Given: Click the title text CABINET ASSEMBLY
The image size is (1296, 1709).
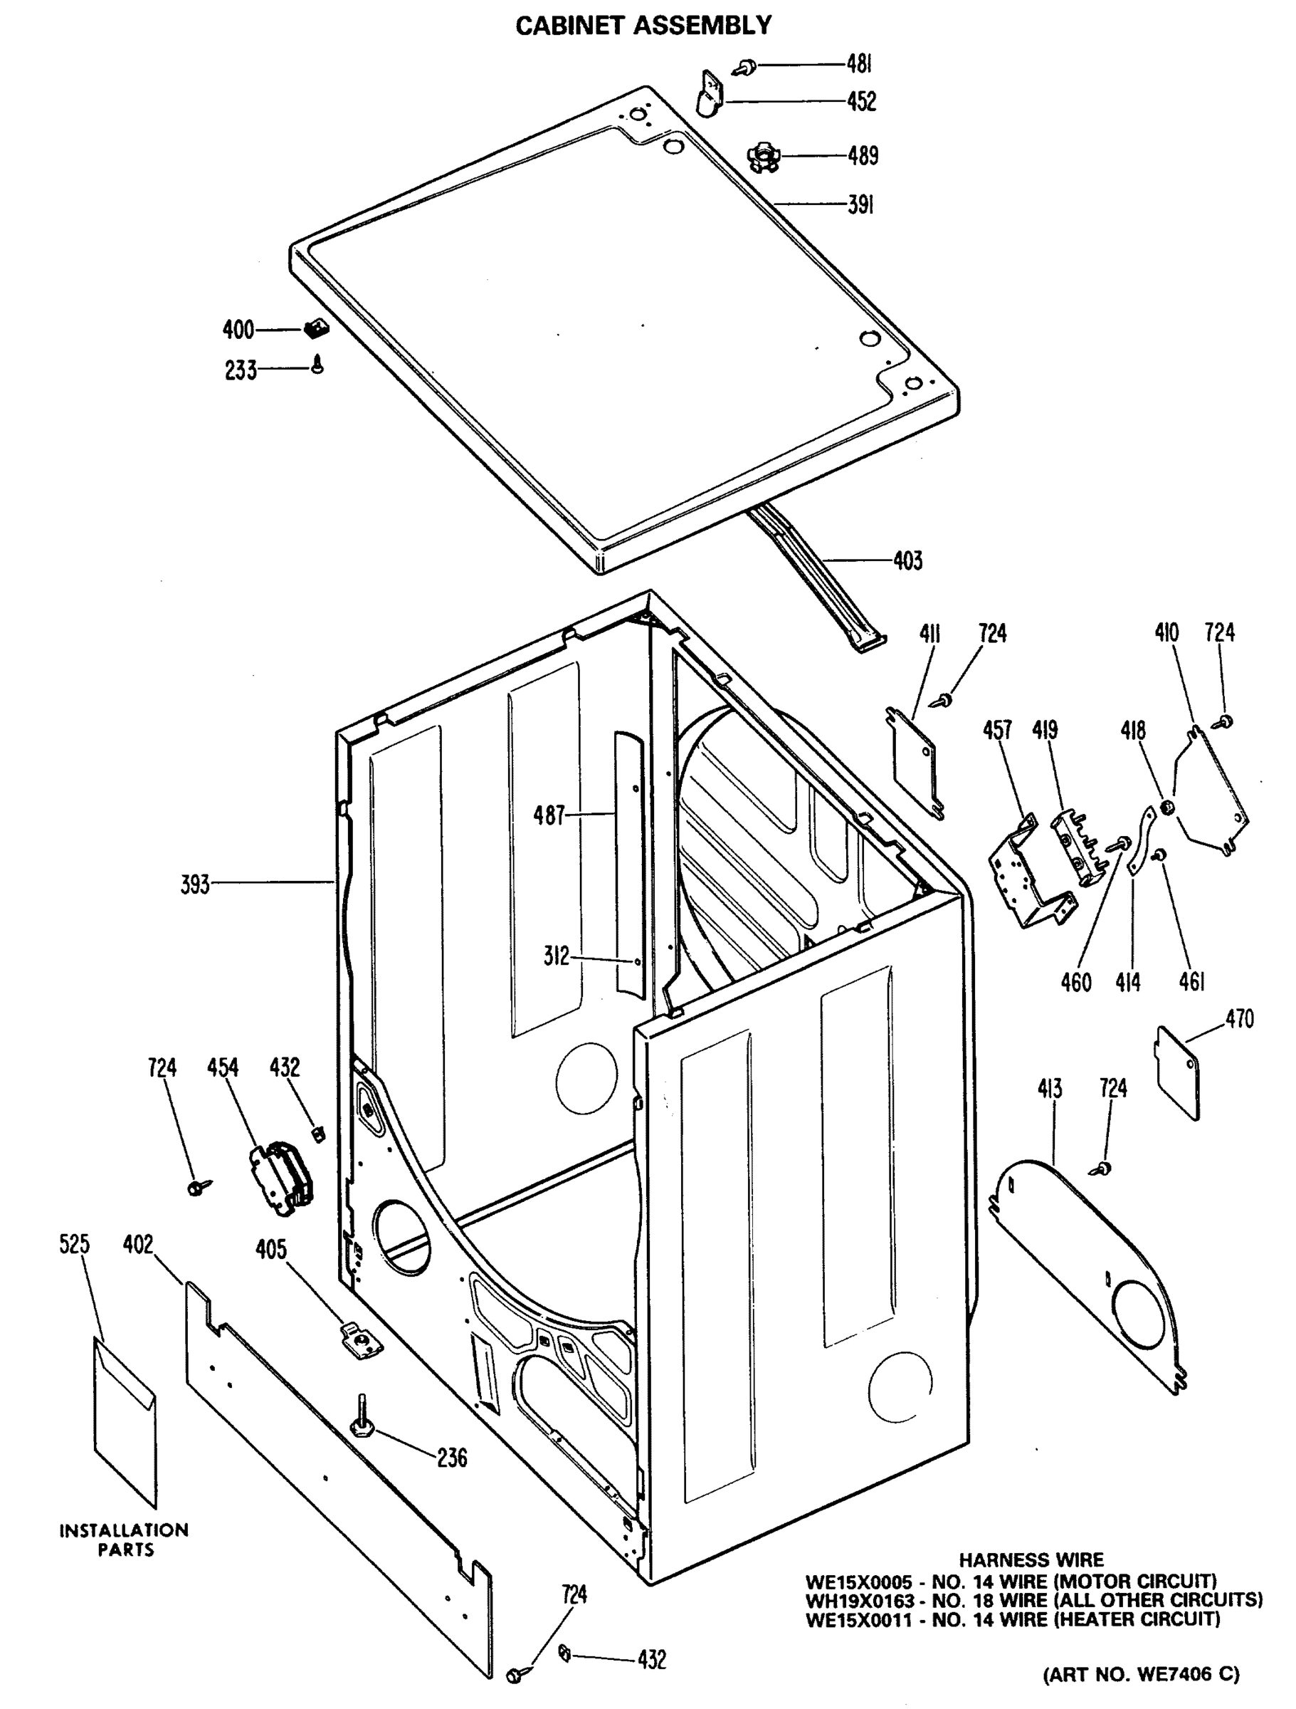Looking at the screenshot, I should point(643,26).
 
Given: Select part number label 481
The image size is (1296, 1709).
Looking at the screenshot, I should point(859,65).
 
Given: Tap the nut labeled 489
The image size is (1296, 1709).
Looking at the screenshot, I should point(763,157).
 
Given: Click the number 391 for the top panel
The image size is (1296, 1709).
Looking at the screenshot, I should point(860,206).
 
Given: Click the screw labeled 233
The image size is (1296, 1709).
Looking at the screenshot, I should point(317,363).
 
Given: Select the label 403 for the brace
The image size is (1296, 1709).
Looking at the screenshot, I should point(907,560).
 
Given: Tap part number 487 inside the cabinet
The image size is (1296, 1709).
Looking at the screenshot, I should point(549,815).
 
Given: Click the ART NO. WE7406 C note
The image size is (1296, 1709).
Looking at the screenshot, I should point(1141,1674).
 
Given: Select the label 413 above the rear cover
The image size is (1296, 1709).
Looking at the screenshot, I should point(1050,1089).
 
